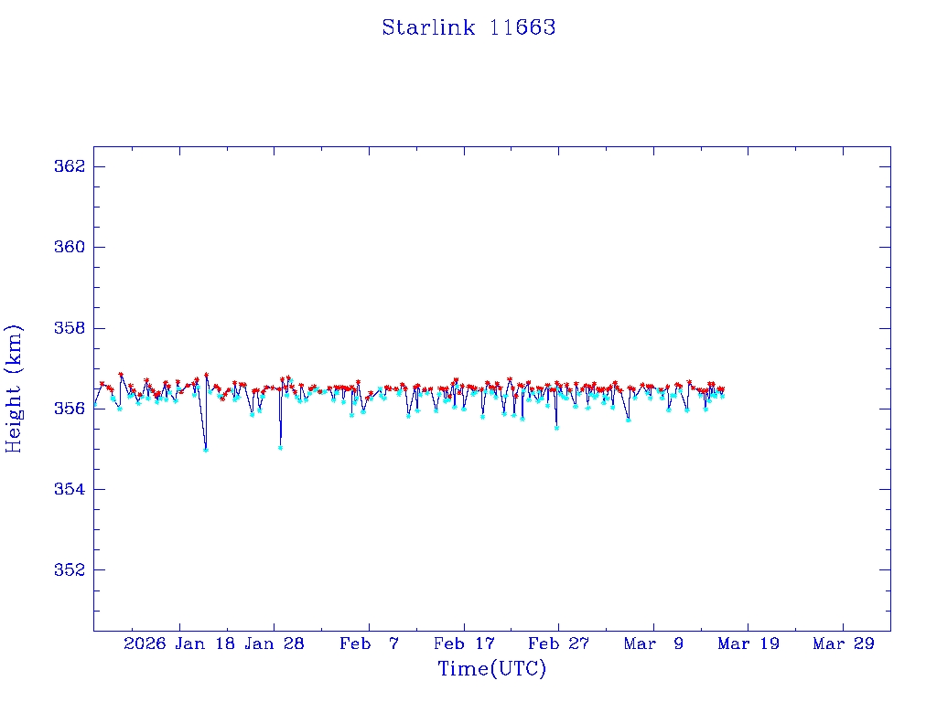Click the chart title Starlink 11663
(468, 27)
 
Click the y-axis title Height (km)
(14, 388)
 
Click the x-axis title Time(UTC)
(491, 669)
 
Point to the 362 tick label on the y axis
(70, 166)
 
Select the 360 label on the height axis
(70, 247)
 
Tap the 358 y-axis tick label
(70, 327)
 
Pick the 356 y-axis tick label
(70, 409)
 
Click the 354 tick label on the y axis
(70, 489)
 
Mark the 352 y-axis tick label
(70, 569)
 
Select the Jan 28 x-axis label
(275, 643)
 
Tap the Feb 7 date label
(369, 643)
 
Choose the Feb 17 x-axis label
(464, 643)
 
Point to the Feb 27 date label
(558, 643)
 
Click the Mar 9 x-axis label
(653, 643)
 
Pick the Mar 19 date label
(749, 643)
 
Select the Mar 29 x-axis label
(843, 643)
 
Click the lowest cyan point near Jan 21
(206, 450)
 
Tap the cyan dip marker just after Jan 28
(280, 447)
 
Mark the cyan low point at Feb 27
(556, 428)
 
